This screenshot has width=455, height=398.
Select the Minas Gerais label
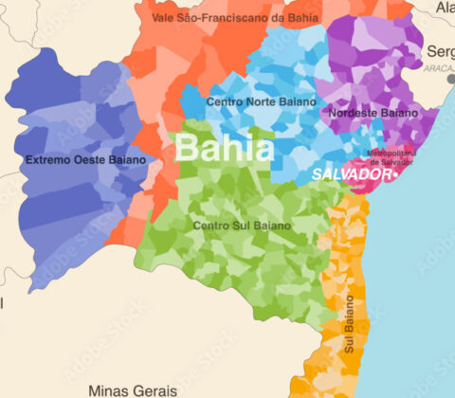point(132,389)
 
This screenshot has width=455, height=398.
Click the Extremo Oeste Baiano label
point(86,159)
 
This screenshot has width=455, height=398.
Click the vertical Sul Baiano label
point(349,325)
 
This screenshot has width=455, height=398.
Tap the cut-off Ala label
point(445,8)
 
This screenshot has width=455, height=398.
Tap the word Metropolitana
point(390,153)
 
